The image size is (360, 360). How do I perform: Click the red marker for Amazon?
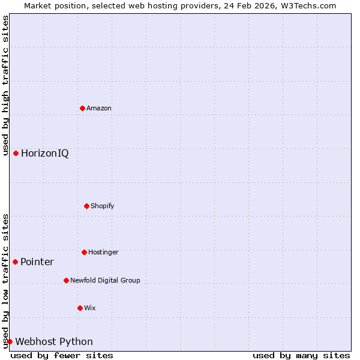pos(82,108)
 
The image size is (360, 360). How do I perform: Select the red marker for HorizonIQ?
pos(16,153)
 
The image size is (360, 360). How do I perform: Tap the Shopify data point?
pos(86,206)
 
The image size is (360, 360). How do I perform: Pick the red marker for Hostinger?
pos(84,252)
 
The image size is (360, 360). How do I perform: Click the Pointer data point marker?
pos(15,262)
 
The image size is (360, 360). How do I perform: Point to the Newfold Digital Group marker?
pos(66,280)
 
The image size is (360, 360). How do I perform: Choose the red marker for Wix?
pos(80,308)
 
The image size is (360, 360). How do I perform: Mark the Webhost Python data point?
pos(10,341)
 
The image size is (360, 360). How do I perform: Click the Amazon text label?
pos(99,108)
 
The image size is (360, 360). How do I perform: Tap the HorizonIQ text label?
pos(45,153)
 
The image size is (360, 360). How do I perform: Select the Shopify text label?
pos(103,206)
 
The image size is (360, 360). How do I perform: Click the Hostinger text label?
pos(103,252)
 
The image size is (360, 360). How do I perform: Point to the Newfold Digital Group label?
pos(105,280)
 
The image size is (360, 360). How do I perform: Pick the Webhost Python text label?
pos(54,341)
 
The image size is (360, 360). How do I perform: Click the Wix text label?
pos(90,308)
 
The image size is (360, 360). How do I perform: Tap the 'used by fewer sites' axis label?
pos(62,355)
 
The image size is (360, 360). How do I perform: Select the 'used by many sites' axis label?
pos(301,355)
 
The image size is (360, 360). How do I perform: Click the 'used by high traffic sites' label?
pos(5,86)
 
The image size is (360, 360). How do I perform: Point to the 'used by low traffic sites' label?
pos(5,281)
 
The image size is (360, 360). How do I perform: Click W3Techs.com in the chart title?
pos(305,5)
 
